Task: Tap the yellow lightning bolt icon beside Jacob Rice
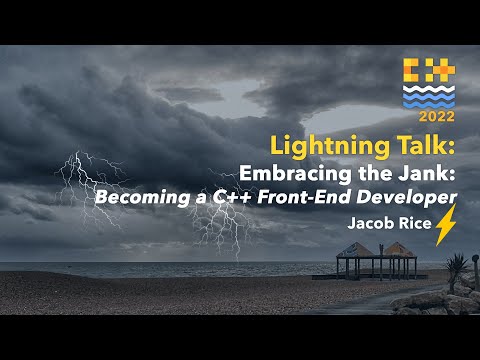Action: (x=445, y=227)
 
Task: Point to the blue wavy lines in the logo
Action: (x=429, y=95)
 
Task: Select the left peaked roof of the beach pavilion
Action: (x=353, y=250)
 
